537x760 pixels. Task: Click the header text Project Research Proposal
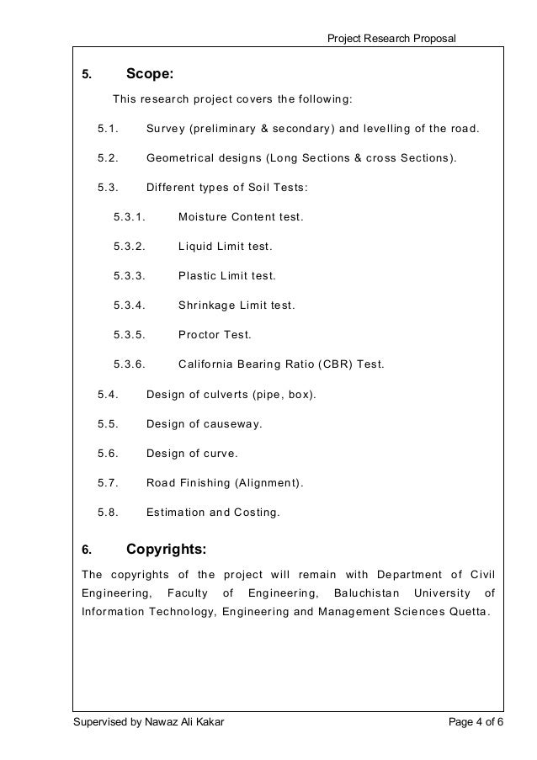pos(392,35)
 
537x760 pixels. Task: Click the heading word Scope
pos(149,74)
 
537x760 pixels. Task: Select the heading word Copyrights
pos(166,550)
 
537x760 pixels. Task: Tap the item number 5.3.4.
pos(130,305)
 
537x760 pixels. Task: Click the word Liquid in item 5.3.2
pos(196,247)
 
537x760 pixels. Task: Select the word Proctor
pos(199,334)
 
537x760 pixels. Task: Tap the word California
pos(211,364)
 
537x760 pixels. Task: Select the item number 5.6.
pos(108,453)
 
